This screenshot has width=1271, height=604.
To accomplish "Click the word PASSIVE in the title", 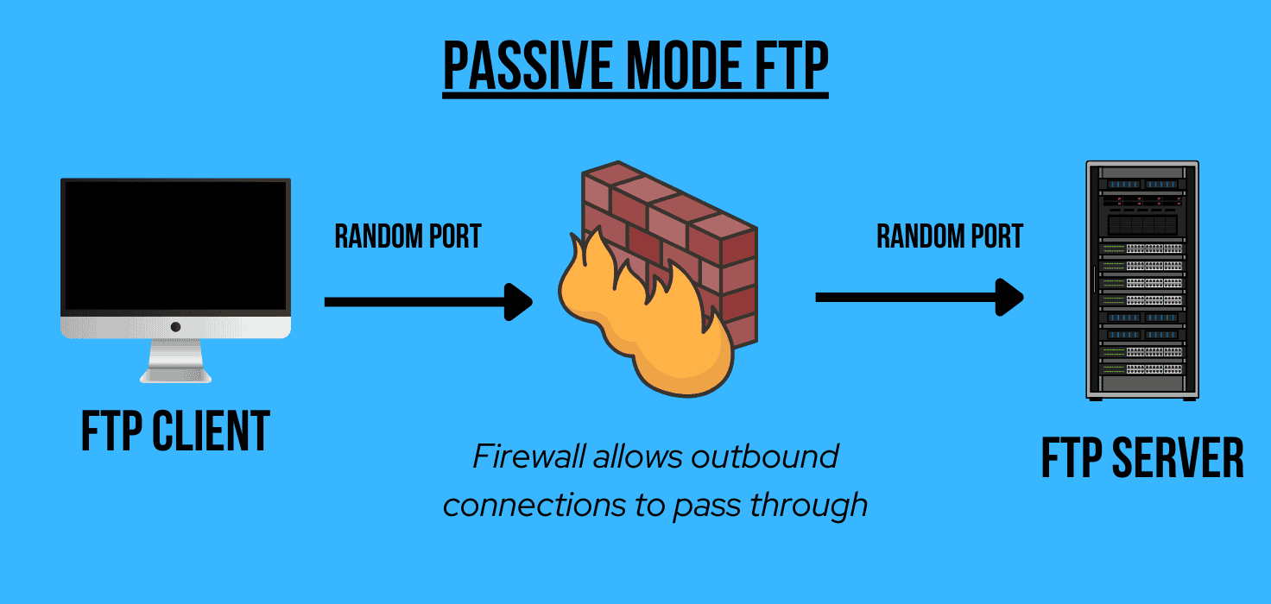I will (x=528, y=66).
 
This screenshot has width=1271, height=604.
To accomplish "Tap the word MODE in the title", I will (x=681, y=66).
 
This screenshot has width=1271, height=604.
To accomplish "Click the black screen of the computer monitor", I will (x=175, y=245).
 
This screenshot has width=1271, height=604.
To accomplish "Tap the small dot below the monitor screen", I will (x=175, y=327).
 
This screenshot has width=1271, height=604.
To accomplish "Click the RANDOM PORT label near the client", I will (x=408, y=236).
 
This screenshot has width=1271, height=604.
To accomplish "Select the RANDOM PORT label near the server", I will (x=949, y=236).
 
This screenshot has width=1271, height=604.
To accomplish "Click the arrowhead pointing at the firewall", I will (x=518, y=301).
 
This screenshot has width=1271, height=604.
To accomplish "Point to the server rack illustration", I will (x=1142, y=280).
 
